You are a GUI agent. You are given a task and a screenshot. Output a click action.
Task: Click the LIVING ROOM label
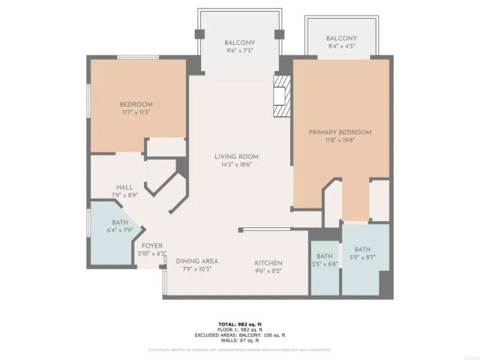pyautogui.click(x=232, y=157)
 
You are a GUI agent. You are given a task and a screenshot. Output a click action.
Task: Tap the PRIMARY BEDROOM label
pyautogui.click(x=340, y=132)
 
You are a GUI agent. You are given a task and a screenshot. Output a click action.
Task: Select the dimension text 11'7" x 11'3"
pyautogui.click(x=136, y=112)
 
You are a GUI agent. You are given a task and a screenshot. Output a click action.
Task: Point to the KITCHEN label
pyautogui.click(x=268, y=263)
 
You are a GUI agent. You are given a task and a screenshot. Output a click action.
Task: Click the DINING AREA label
pyautogui.click(x=197, y=261)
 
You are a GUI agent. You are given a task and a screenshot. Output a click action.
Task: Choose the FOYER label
pyautogui.click(x=152, y=245)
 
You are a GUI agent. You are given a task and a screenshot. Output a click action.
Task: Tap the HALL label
pyautogui.click(x=124, y=187)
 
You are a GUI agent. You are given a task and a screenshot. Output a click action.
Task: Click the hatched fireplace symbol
pyautogui.click(x=282, y=97)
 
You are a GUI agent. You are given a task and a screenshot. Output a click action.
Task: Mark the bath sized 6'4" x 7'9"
pyautogui.click(x=120, y=226)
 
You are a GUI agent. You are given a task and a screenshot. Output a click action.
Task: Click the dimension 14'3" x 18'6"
pyautogui.click(x=232, y=164)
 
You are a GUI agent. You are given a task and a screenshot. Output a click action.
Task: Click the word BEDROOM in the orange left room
pyautogui.click(x=136, y=104)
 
